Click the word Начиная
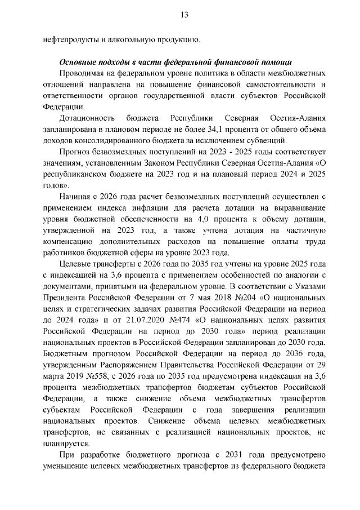pos(75,196)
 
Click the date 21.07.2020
pos(123,318)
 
